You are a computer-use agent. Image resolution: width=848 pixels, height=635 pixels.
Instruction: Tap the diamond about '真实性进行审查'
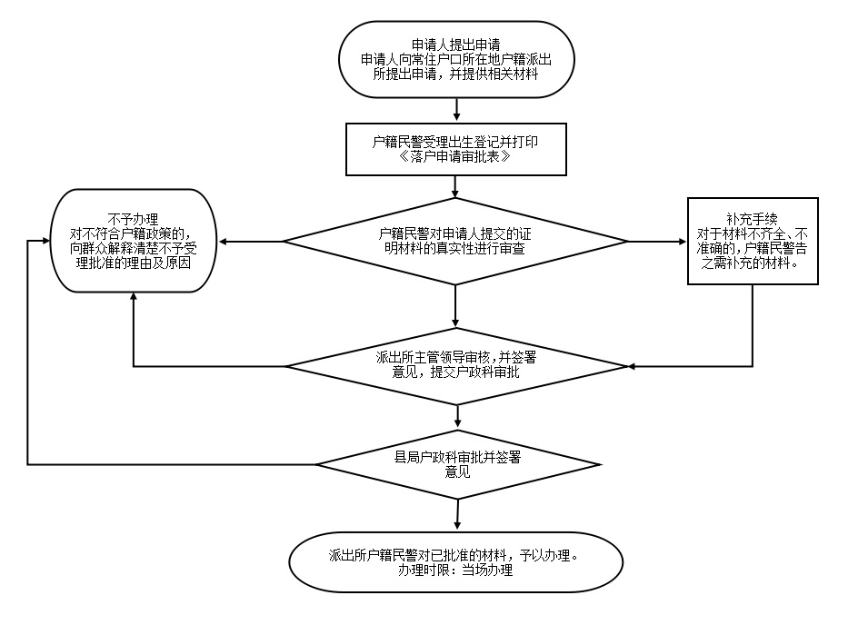coord(455,241)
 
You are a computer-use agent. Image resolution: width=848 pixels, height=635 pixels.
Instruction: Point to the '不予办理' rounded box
coord(133,240)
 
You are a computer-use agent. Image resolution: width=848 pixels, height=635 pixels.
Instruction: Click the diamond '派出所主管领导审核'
coord(455,365)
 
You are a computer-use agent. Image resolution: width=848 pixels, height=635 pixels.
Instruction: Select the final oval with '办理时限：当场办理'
coord(454,561)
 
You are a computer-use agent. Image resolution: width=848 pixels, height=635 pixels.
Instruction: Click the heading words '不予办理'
coord(133,219)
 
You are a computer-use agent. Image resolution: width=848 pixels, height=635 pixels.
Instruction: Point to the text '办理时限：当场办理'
coord(454,571)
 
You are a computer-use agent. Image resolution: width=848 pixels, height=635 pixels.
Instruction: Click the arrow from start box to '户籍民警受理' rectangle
coord(456,109)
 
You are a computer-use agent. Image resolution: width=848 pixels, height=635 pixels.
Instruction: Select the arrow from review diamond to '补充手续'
coord(657,242)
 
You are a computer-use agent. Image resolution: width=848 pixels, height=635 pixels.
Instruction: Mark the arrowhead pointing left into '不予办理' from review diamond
coord(221,242)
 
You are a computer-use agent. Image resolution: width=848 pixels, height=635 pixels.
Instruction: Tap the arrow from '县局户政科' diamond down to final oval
coord(456,514)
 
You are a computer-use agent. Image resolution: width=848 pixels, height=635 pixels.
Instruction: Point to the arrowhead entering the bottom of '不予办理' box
coord(134,296)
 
